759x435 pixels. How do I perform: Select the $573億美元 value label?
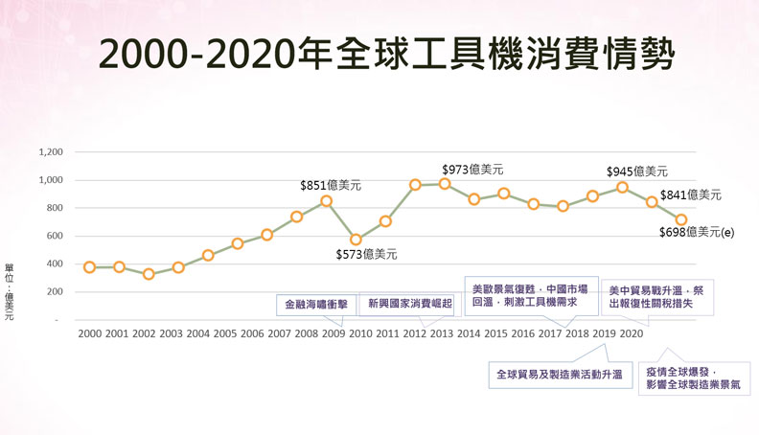tap(366, 254)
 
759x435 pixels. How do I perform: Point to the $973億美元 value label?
tap(472, 169)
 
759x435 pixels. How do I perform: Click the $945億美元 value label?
tap(637, 172)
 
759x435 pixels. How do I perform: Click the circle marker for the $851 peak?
tap(326, 201)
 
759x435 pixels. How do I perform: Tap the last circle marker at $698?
tap(681, 219)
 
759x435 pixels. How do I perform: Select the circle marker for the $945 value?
tap(622, 187)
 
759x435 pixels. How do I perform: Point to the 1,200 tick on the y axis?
tap(50, 152)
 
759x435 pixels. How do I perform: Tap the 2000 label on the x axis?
tap(89, 333)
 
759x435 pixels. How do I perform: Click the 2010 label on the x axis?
tap(361, 333)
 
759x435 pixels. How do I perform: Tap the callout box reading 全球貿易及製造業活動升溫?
tap(559, 374)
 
